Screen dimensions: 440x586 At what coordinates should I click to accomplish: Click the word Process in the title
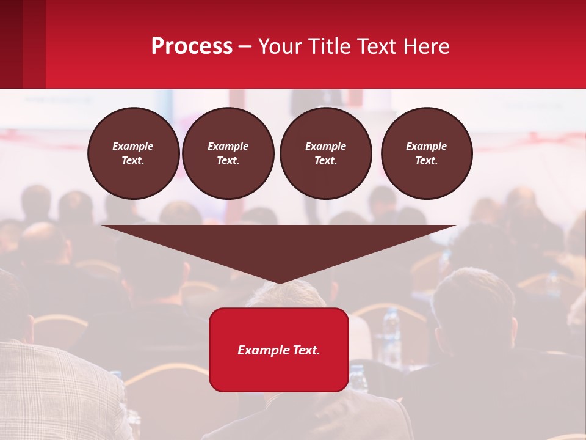(192, 46)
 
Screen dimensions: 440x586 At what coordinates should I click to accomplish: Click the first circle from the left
(133, 153)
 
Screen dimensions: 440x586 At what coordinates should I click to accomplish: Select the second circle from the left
(228, 153)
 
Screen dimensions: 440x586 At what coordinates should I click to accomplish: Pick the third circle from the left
(325, 153)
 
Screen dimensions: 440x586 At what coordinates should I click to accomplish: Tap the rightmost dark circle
(427, 153)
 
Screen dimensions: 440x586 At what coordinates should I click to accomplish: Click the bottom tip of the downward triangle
(279, 282)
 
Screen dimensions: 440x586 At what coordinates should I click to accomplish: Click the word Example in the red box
(259, 350)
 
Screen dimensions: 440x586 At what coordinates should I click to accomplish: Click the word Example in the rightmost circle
(427, 146)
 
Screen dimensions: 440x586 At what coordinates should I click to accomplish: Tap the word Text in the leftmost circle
(133, 161)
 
